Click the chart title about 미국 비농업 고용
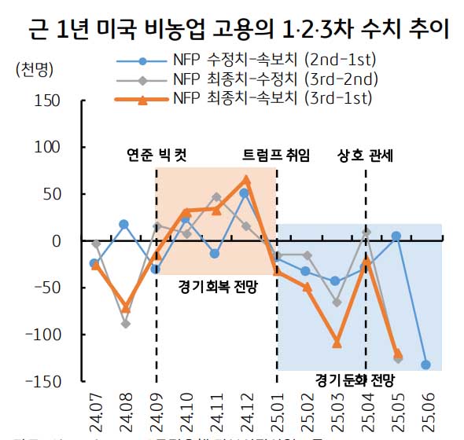click(x=232, y=30)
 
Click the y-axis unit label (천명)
click(x=33, y=69)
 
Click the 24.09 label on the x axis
click(x=156, y=408)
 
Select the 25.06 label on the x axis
click(x=425, y=408)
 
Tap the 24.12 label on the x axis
click(x=246, y=408)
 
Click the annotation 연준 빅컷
click(x=157, y=155)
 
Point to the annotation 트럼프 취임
click(x=276, y=155)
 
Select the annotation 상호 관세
click(x=366, y=155)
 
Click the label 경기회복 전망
click(x=218, y=280)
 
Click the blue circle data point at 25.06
click(x=425, y=365)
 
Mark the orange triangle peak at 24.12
click(x=246, y=180)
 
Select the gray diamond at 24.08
click(x=125, y=324)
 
